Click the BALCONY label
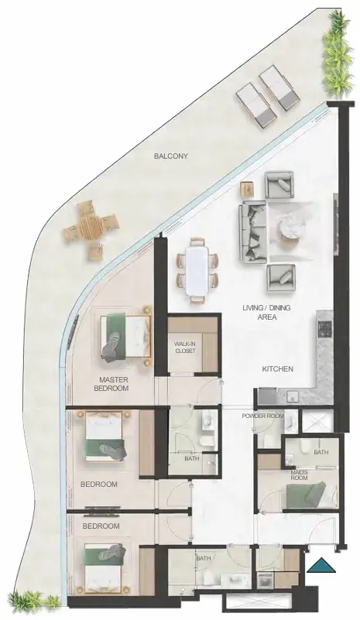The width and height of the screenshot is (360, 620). click(171, 156)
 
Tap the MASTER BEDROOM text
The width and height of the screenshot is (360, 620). click(111, 384)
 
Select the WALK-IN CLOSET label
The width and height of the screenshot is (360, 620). click(185, 348)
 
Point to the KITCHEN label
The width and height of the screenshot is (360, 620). click(278, 369)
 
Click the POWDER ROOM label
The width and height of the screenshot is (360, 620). click(262, 416)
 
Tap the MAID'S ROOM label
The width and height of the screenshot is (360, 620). click(299, 475)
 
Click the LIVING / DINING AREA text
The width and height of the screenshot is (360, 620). click(267, 313)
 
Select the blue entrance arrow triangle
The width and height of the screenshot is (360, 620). click(321, 565)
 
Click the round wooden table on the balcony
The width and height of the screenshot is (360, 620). click(91, 227)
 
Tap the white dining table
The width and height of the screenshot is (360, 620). click(197, 271)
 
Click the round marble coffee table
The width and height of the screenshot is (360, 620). click(293, 228)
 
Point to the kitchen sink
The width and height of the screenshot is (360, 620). click(293, 396)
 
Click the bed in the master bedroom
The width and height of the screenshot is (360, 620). click(125, 336)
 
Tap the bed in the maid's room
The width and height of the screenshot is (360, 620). click(311, 495)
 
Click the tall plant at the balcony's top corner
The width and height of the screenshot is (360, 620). click(337, 54)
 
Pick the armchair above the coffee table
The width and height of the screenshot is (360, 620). click(279, 185)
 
